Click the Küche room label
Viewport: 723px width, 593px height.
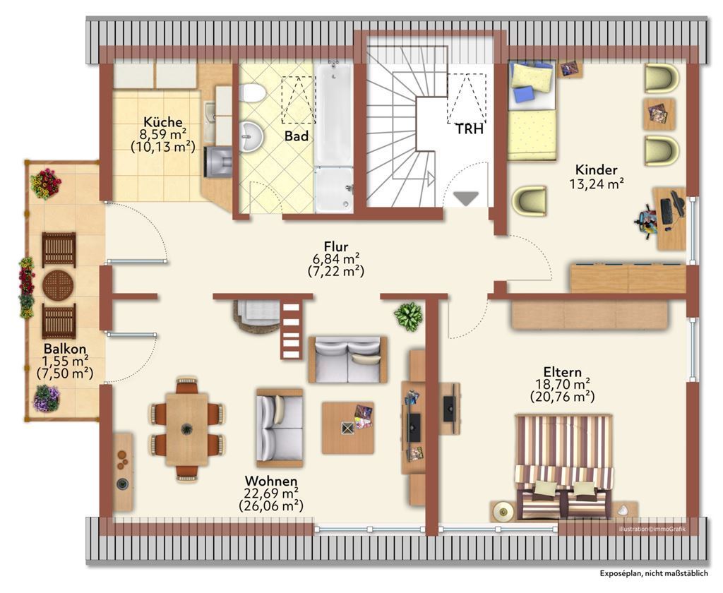(x=163, y=122)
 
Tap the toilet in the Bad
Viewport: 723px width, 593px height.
(x=253, y=93)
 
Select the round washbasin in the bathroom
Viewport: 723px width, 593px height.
(x=251, y=136)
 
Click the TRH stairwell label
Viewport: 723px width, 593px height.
(x=470, y=129)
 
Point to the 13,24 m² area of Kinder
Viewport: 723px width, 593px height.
(x=596, y=184)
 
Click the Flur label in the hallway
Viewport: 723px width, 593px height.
(x=335, y=246)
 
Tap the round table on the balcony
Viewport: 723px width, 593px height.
(x=58, y=285)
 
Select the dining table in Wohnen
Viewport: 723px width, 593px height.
(x=186, y=429)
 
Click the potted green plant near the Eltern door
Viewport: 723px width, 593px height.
(x=408, y=316)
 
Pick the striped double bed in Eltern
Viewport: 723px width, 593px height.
(x=564, y=466)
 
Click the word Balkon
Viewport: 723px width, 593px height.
(x=65, y=348)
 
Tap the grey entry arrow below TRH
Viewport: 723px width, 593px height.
(x=466, y=199)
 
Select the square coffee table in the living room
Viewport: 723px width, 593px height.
(x=347, y=428)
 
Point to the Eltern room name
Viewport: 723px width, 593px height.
(x=562, y=371)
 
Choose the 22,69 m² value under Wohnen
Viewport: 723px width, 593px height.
(x=271, y=494)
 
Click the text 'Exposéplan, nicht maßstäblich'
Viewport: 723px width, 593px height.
(x=654, y=573)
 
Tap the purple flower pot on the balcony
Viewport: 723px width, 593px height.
(x=46, y=398)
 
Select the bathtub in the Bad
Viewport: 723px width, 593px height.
(x=334, y=114)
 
